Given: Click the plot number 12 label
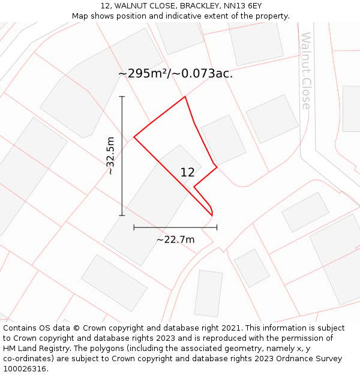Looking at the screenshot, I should (187, 172).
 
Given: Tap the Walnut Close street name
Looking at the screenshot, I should (306, 71).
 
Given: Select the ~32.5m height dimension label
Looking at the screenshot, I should (110, 155).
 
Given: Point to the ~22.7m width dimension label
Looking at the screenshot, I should (175, 239).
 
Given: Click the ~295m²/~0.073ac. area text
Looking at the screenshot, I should (175, 74).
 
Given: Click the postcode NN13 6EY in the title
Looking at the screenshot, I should (242, 6).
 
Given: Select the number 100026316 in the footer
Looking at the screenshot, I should (23, 369).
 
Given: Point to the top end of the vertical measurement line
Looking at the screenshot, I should (122, 96).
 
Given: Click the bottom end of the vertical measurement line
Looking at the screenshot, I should (122, 215).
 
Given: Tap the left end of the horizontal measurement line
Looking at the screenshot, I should (134, 227).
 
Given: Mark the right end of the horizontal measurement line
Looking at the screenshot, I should (217, 227).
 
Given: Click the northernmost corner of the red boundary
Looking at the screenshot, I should (185, 97).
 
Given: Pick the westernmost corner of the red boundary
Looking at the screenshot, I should (134, 137).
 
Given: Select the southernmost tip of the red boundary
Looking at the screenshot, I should (212, 215).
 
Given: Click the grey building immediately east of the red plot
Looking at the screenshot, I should (223, 140).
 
